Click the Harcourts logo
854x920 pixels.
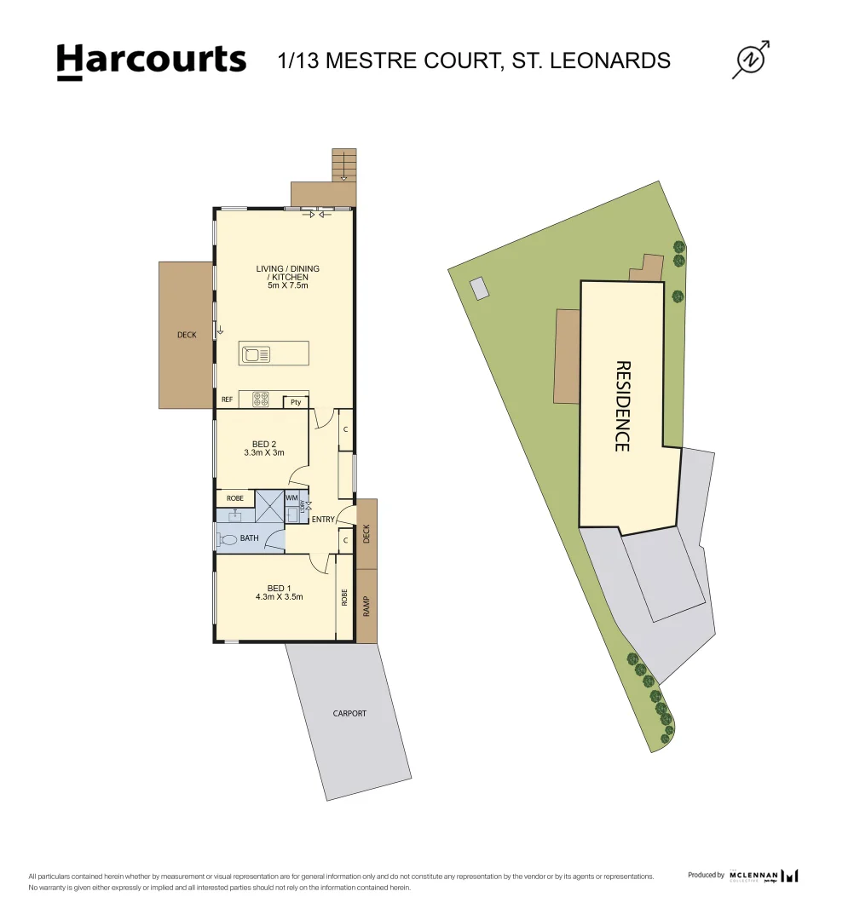coord(151,61)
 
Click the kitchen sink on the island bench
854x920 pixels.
coord(256,353)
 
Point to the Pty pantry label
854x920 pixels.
coord(296,402)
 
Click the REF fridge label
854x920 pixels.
coord(228,400)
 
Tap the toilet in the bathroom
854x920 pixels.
coord(228,539)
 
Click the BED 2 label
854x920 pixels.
coord(264,444)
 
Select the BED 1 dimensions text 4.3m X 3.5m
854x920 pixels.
coord(279,597)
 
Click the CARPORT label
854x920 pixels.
coord(349,713)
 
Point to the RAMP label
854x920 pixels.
coord(367,606)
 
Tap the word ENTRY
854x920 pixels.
coord(323,520)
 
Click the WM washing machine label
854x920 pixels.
coord(291,497)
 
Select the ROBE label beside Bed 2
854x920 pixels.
coord(235,498)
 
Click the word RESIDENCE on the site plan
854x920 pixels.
coord(622,405)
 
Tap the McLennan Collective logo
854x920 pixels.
coord(764,876)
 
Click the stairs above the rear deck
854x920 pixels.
coord(343,164)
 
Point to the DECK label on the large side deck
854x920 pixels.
coord(187,335)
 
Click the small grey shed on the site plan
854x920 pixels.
coord(481,288)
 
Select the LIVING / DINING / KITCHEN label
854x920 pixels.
coord(288,273)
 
